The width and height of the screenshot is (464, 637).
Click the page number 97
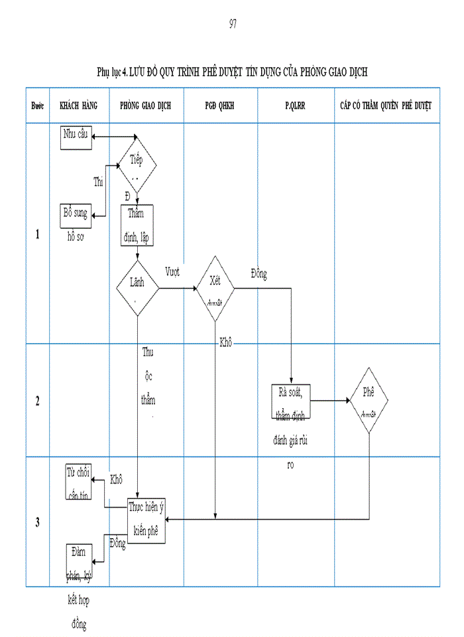(x=233, y=24)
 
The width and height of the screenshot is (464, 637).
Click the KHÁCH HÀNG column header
(x=79, y=106)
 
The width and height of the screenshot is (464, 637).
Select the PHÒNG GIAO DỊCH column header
(x=146, y=106)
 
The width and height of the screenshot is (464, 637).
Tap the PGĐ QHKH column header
(x=220, y=106)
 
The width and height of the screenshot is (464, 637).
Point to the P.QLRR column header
(x=296, y=106)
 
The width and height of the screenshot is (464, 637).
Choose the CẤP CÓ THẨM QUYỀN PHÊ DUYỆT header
(x=386, y=106)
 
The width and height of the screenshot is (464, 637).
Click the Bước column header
(x=38, y=106)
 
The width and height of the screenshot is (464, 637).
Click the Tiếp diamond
(x=137, y=164)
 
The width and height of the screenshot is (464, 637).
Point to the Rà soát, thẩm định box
(x=291, y=401)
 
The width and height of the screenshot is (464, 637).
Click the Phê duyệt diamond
(x=369, y=401)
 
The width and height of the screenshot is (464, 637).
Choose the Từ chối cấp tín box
(x=79, y=482)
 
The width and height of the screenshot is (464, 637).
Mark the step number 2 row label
(x=37, y=401)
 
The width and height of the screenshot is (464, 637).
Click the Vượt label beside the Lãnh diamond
(x=172, y=271)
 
